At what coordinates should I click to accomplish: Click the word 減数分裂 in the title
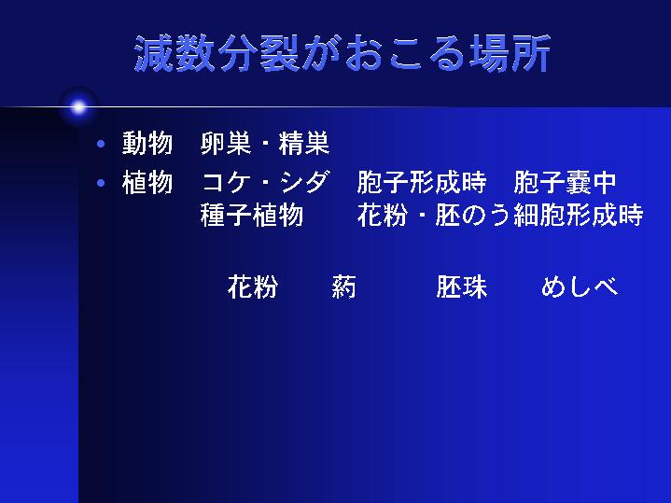pos(217,53)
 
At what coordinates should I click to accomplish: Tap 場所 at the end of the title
pos(510,53)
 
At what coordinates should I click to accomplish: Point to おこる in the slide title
pos(404,53)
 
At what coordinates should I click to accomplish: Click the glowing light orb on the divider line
pos(78,107)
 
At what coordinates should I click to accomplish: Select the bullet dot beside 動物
pos(101,144)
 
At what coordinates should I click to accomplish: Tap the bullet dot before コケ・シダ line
pos(101,183)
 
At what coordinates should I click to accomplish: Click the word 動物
pos(147,143)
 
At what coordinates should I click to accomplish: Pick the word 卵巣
pos(226,143)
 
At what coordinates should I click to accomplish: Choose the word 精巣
pos(304,143)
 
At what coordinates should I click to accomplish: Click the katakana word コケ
pos(226,182)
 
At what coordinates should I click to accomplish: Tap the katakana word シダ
pos(305,182)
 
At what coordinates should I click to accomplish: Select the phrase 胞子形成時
pos(422,182)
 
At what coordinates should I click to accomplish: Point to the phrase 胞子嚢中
pos(565,182)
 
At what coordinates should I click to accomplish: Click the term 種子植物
pos(252,215)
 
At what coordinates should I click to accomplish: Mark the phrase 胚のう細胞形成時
pos(539,215)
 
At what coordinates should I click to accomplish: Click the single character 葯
pos(343,286)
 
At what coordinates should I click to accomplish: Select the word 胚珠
pos(462,286)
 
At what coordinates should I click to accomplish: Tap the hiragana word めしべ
pos(580,286)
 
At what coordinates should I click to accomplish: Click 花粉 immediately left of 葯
pos(253,286)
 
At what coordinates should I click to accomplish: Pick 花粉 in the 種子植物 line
pos(382,215)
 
